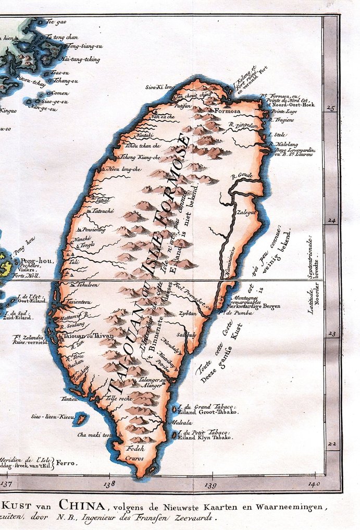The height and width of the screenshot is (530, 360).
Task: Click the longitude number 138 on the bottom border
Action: pyautogui.click(x=109, y=485)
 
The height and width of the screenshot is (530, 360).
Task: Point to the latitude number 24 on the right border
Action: pyautogui.click(x=330, y=221)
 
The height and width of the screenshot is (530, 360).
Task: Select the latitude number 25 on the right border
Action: pyautogui.click(x=330, y=109)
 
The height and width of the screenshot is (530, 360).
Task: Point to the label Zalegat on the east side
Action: pyautogui.click(x=247, y=212)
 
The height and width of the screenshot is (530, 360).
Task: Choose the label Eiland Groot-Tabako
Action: pyautogui.click(x=207, y=412)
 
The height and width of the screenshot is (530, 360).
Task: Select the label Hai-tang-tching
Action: pyautogui.click(x=83, y=59)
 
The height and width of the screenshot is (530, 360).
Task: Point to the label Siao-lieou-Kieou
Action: pyautogui.click(x=53, y=417)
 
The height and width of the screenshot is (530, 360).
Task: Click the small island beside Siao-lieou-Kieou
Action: pyautogui.click(x=81, y=418)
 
